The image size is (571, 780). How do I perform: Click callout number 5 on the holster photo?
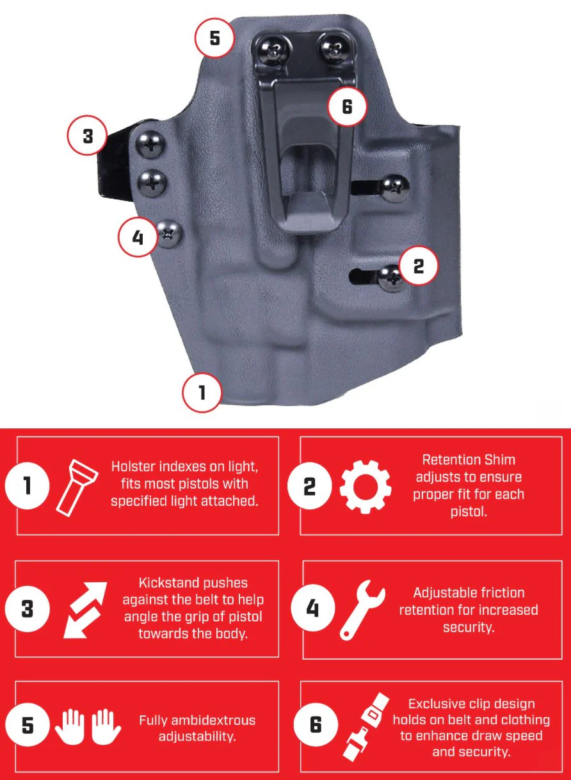click(214, 38)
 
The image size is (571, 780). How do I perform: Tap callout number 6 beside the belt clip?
click(347, 106)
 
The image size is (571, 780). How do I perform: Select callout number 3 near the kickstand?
click(88, 136)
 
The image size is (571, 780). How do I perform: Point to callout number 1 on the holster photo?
click(202, 393)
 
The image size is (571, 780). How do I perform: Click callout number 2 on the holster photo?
click(418, 266)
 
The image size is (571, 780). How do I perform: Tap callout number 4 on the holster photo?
click(138, 238)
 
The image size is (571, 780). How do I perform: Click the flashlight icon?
click(77, 487)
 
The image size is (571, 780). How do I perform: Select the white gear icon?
click(366, 487)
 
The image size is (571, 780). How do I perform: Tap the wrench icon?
click(362, 610)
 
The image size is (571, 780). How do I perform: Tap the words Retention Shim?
click(469, 460)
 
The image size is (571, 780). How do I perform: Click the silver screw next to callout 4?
click(170, 234)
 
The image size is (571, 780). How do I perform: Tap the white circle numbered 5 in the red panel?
click(28, 726)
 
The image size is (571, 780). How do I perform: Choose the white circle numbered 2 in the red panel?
click(309, 486)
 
